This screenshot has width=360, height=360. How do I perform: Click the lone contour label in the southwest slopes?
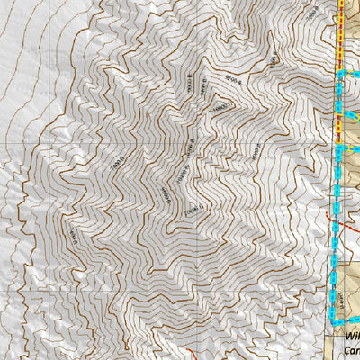[x=71, y=232]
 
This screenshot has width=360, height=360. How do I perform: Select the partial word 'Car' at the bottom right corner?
[x=352, y=351]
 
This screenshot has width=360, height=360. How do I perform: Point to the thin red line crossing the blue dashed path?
[x=335, y=220]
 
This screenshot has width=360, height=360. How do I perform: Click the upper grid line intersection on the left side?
[x=39, y=145]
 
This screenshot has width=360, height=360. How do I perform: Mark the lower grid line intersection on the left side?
[x=39, y=293]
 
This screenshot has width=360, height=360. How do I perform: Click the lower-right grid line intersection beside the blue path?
[x=325, y=293]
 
